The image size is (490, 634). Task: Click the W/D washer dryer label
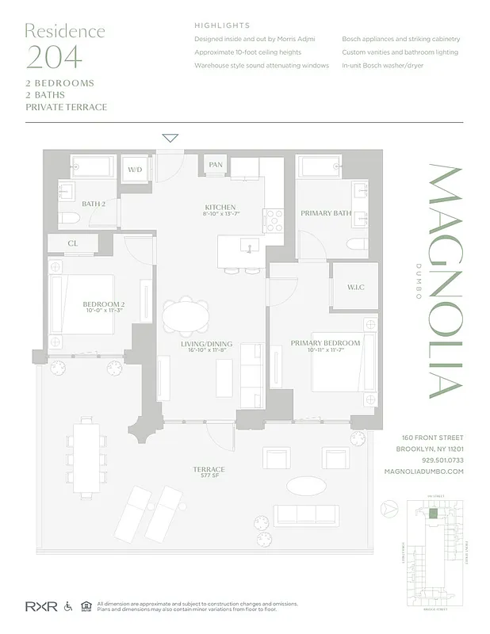tap(134, 170)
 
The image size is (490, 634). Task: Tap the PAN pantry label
tap(216, 164)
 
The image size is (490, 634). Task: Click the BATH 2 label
tap(94, 204)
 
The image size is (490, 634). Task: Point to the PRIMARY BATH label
tap(326, 213)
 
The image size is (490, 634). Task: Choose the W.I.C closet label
tap(355, 286)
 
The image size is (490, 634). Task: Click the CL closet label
tap(72, 244)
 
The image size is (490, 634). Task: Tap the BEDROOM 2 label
tap(104, 304)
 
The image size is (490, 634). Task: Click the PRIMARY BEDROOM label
tap(325, 343)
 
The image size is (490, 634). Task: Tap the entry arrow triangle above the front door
tap(170, 138)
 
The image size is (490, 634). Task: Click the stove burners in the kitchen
tap(274, 220)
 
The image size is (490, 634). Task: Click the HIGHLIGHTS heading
tap(222, 25)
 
